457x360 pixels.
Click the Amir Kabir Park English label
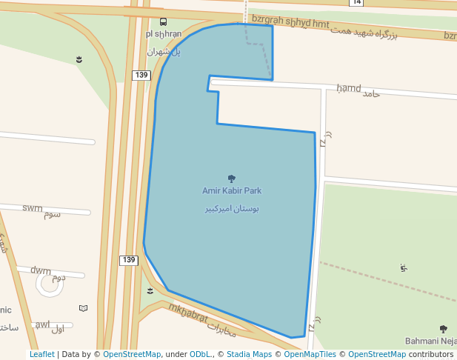click(x=232, y=190)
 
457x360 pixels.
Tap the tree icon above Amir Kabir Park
click(x=232, y=179)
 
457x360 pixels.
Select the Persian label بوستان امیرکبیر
click(x=232, y=209)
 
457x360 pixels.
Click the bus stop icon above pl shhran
click(x=164, y=21)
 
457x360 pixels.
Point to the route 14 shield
click(x=357, y=2)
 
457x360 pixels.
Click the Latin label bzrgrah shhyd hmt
click(x=290, y=21)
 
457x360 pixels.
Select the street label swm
click(x=33, y=208)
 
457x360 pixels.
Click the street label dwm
click(x=41, y=270)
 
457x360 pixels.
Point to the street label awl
click(x=43, y=324)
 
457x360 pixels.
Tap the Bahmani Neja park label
click(x=430, y=341)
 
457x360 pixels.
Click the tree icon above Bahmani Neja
click(x=443, y=329)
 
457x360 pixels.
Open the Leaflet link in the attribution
click(x=41, y=354)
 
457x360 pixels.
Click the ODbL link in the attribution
click(x=200, y=354)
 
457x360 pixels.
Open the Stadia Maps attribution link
click(x=249, y=354)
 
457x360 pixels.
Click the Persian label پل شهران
click(x=164, y=52)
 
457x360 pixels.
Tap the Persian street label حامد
click(x=370, y=94)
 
